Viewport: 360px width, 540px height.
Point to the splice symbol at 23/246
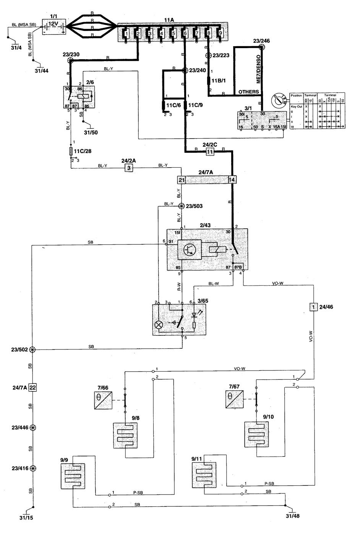coord(262,47)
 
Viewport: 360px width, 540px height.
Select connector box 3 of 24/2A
coord(129,168)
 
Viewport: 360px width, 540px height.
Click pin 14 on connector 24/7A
coord(231,179)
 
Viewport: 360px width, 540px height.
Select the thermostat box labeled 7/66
coord(103,401)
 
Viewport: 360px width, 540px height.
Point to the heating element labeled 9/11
coord(205,475)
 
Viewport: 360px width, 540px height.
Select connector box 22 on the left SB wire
coord(33,387)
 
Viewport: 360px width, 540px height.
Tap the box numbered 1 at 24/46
coord(313,307)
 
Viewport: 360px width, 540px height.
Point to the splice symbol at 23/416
coord(33,468)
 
